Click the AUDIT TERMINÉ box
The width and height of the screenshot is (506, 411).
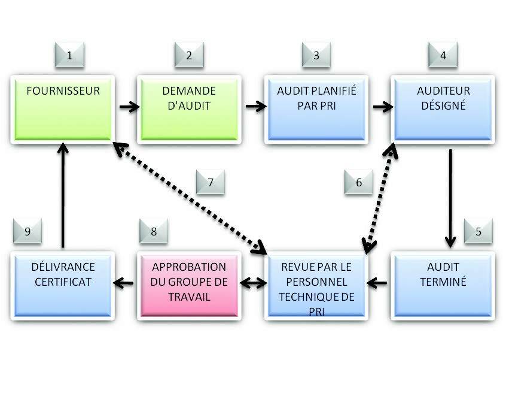(443, 283)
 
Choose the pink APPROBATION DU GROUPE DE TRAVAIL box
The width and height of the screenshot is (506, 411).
(189, 283)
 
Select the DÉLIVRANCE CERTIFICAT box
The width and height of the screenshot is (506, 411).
(63, 283)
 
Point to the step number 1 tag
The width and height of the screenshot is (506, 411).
(70, 56)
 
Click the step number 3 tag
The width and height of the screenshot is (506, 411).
(316, 56)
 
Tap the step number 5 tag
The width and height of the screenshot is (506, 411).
(478, 232)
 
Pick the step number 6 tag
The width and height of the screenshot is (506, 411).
(359, 182)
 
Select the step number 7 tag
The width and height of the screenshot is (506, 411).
(211, 182)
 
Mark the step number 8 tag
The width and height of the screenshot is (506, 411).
(154, 232)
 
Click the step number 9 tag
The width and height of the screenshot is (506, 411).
(28, 232)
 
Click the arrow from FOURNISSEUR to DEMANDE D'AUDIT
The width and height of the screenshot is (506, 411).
(129, 107)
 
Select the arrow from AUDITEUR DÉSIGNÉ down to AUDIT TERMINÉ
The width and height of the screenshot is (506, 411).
(450, 198)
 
